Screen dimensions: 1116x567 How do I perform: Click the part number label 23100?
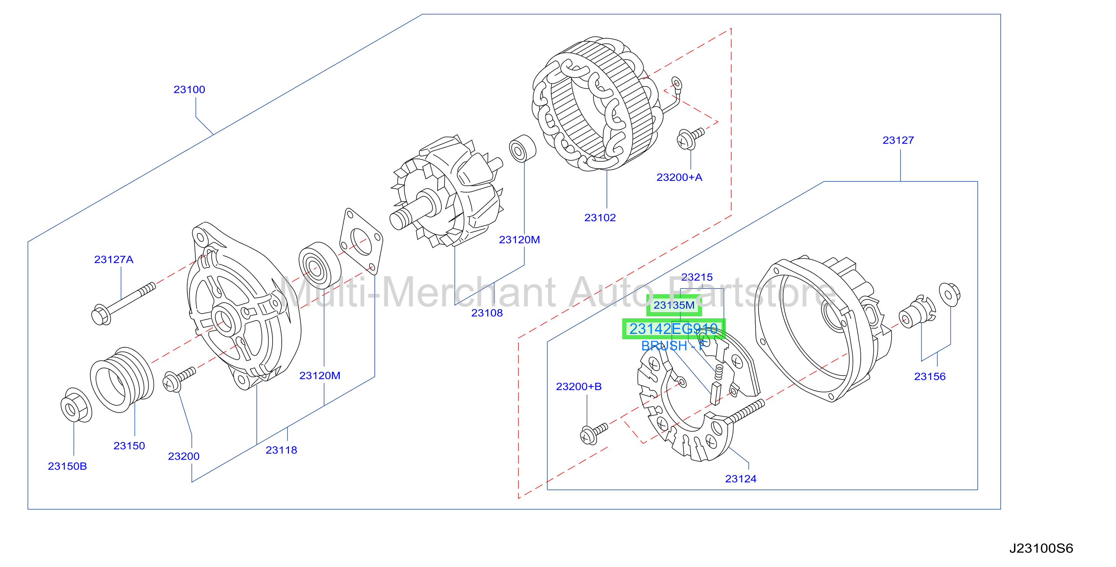coord(189,90)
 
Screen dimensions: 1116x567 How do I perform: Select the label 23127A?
coord(114,259)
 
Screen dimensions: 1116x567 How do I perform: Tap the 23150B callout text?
coord(67,466)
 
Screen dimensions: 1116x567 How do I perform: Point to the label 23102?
coord(600,217)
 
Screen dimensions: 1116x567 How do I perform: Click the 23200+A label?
coord(679,177)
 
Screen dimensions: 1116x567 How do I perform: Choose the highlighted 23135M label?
coord(674,305)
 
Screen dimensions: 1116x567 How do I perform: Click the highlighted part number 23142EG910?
coord(674,329)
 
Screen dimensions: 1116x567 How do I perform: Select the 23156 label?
coord(930,376)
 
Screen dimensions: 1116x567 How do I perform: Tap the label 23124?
coord(741,479)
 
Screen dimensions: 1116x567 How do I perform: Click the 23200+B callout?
coord(579,386)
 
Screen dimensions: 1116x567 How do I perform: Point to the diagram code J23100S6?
coord(1041,548)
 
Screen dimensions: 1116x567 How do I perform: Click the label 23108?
coord(487,313)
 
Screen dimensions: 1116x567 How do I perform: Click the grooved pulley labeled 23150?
coord(122,379)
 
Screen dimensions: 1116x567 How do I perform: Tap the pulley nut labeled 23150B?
coord(76,405)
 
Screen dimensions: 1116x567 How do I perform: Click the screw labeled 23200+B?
coord(594,434)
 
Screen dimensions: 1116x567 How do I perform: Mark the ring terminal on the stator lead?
coord(676,83)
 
